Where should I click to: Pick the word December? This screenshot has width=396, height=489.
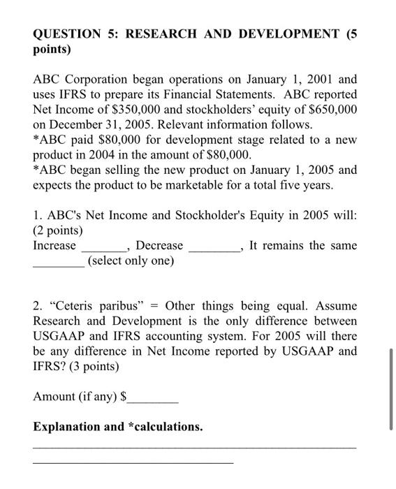tap(80, 124)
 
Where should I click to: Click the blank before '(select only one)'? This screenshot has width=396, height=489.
tap(59, 264)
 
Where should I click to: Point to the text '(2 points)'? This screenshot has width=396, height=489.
tap(58, 231)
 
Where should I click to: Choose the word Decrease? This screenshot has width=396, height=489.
tap(160, 246)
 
